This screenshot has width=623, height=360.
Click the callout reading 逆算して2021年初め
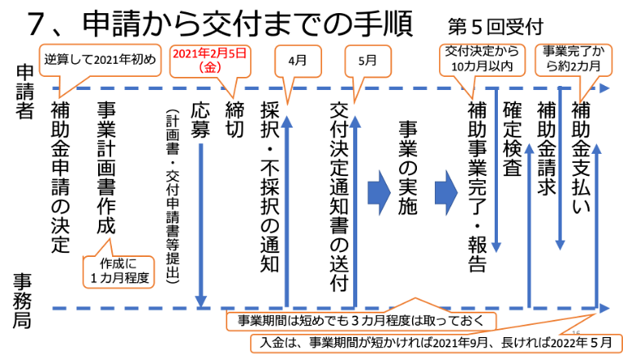tap(97, 58)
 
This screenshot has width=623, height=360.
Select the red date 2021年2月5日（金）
tap(212, 60)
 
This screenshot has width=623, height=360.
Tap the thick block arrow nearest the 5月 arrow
tap(379, 192)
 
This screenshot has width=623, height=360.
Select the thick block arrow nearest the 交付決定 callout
tap(446, 192)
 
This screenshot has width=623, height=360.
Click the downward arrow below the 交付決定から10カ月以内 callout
tap(495, 172)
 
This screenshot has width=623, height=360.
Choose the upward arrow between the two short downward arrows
tap(529, 225)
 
